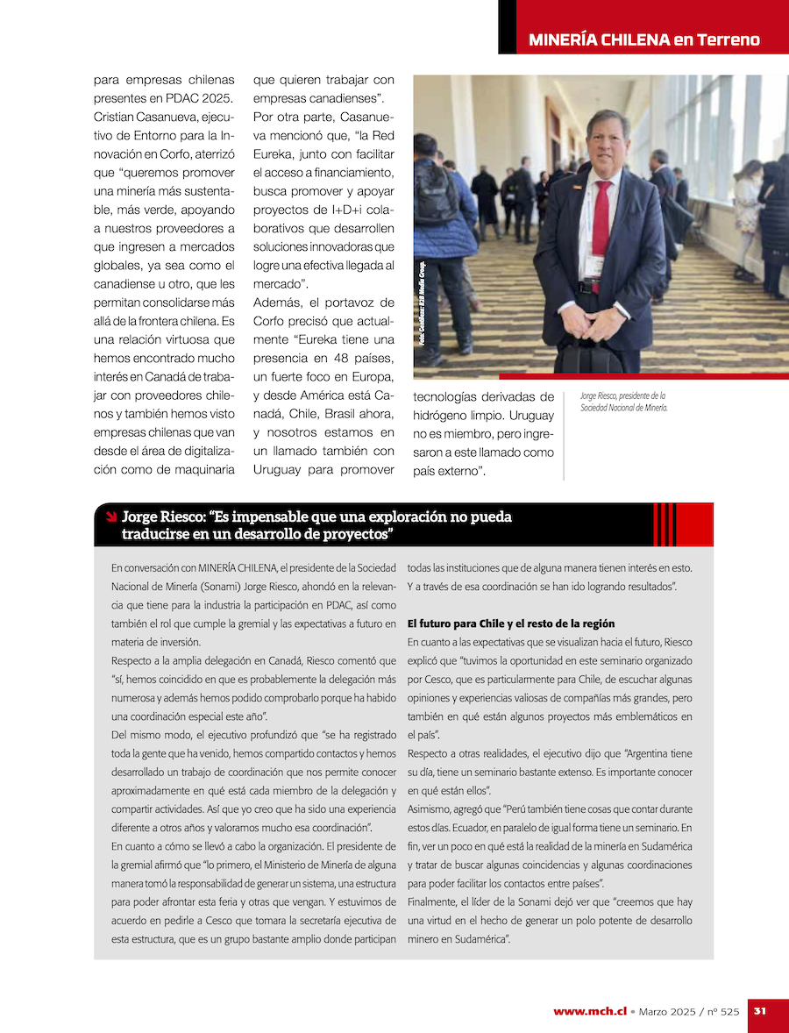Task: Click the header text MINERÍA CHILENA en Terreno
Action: point(644,40)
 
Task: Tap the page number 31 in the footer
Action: point(760,1010)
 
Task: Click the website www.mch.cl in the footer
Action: point(590,1011)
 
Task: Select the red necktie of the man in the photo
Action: point(601,219)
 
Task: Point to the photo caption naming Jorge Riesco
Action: point(623,402)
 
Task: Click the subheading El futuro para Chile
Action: point(511,623)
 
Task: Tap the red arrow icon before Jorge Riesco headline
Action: point(110,516)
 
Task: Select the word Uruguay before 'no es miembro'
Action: point(530,415)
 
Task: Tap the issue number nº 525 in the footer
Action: point(723,1011)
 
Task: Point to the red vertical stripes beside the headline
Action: point(665,524)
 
